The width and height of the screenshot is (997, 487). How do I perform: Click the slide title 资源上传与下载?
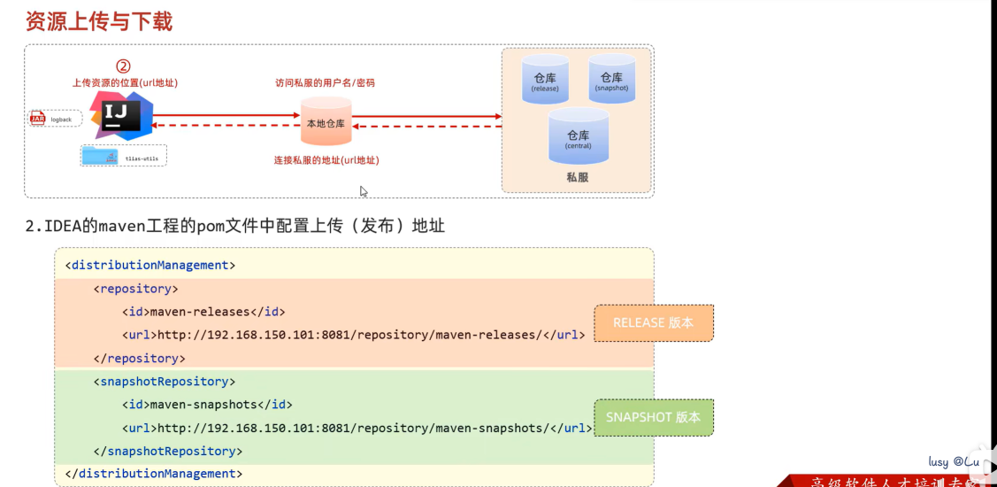[x=99, y=20]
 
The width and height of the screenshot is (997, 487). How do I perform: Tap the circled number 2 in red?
[x=124, y=66]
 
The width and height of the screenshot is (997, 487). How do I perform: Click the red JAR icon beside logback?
[x=38, y=119]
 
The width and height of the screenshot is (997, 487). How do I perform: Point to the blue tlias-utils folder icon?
[x=100, y=157]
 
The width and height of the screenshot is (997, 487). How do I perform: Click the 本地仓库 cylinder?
[x=326, y=123]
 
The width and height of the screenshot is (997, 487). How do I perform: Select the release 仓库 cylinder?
[x=545, y=80]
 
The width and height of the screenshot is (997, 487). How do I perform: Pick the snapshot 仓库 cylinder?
[x=611, y=79]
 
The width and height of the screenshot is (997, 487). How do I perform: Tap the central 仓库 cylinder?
[x=578, y=136]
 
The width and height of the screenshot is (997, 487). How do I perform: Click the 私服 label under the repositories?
[x=577, y=177]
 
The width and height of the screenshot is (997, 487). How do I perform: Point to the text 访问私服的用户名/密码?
[x=325, y=83]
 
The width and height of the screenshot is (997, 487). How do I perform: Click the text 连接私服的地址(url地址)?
[x=326, y=160]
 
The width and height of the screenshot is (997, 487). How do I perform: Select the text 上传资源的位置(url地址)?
[x=125, y=83]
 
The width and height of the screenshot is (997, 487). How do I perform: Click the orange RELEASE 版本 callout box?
[x=653, y=323]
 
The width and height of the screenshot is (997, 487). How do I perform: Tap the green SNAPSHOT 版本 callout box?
[x=653, y=417]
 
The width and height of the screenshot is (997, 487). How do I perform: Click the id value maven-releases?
[x=200, y=312]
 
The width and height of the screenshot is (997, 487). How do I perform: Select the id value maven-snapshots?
[x=203, y=405]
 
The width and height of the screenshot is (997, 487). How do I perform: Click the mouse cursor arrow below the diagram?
[x=363, y=191]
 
